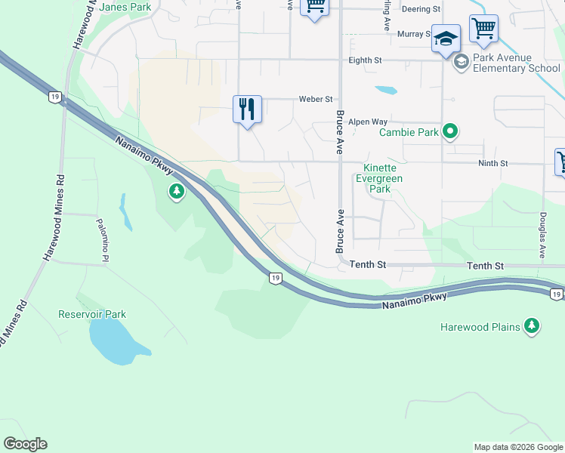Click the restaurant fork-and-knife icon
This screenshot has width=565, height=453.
tap(247, 109)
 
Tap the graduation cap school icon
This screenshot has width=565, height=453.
tap(446, 38)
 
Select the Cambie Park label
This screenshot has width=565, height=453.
tap(408, 133)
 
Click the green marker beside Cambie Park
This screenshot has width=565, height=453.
tap(450, 133)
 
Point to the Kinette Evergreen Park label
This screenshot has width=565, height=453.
tap(383, 178)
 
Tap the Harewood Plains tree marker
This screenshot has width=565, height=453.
tap(533, 326)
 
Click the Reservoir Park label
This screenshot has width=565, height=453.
tap(92, 314)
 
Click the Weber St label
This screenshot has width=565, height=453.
tap(316, 99)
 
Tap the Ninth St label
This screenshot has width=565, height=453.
tap(492, 163)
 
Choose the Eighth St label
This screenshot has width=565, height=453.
tap(366, 60)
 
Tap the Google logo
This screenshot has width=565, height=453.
tap(25, 444)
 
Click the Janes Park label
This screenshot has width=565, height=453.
tap(125, 8)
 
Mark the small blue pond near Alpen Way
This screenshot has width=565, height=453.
tap(386, 90)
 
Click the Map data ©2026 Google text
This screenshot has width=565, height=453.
tap(518, 447)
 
